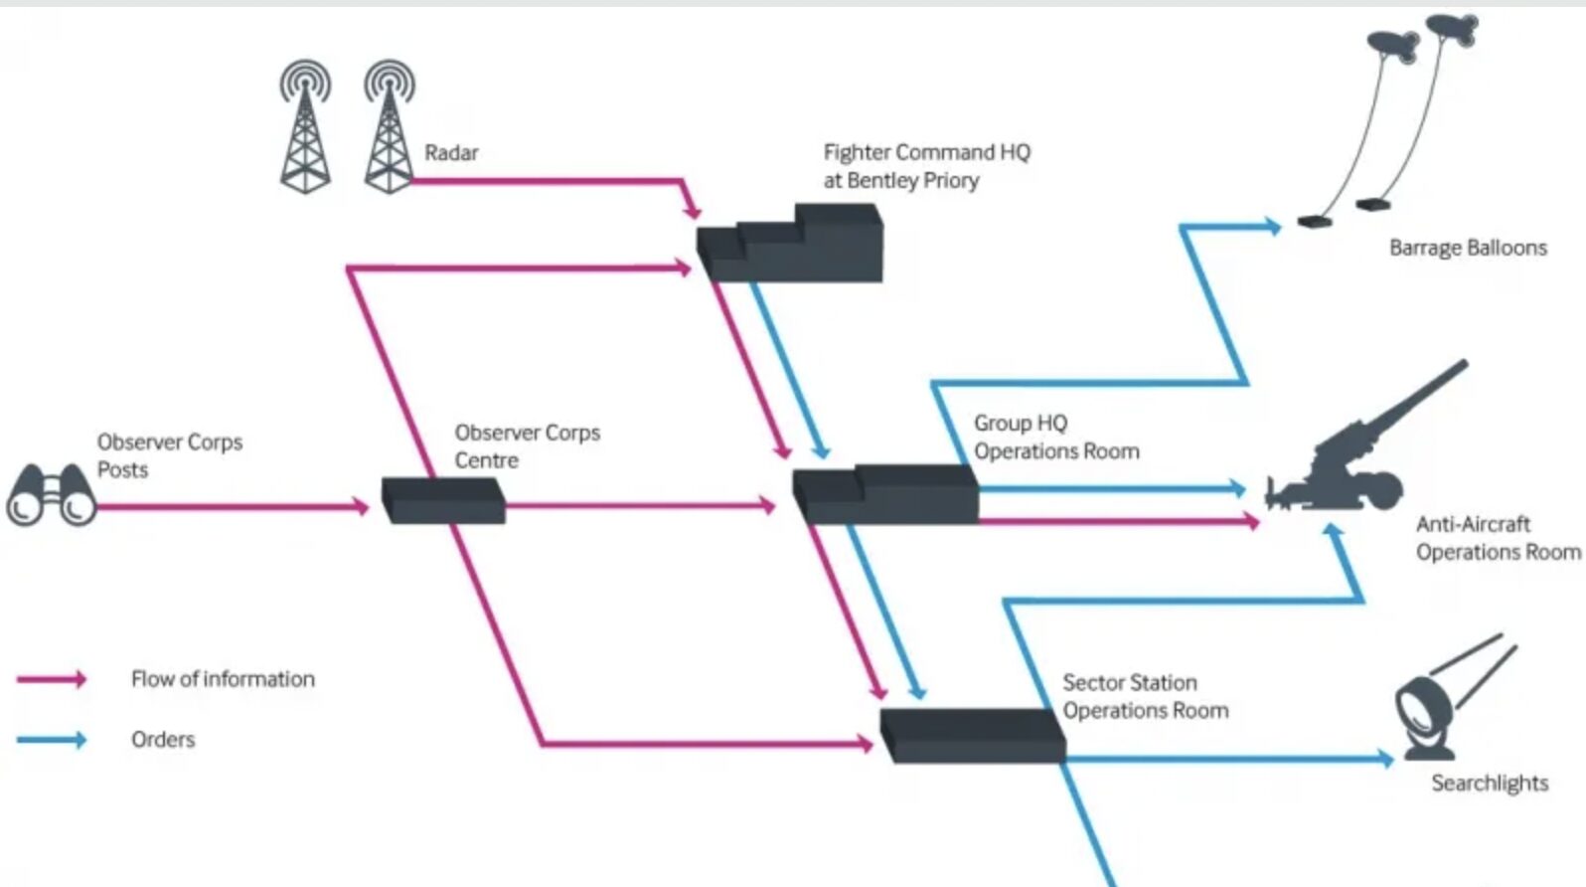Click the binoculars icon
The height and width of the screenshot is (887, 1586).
click(x=52, y=495)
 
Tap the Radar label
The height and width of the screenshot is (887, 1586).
click(x=451, y=153)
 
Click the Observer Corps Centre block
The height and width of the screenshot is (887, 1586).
click(x=444, y=499)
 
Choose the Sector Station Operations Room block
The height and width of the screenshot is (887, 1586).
click(x=972, y=736)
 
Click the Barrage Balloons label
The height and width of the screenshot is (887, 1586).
click(x=1468, y=248)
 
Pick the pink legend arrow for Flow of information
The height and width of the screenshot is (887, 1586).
click(x=52, y=679)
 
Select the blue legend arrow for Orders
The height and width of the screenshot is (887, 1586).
click(x=52, y=740)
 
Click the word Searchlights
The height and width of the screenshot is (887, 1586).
click(x=1490, y=784)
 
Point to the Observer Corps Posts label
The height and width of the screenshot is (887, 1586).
click(x=169, y=455)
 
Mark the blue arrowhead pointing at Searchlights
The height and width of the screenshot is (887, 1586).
click(x=1385, y=759)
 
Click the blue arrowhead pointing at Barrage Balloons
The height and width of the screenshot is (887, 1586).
click(x=1272, y=227)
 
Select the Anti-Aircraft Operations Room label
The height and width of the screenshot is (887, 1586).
click(x=1498, y=538)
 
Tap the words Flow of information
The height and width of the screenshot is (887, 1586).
click(x=223, y=679)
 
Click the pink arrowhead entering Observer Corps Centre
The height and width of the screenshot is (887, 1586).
click(x=362, y=507)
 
